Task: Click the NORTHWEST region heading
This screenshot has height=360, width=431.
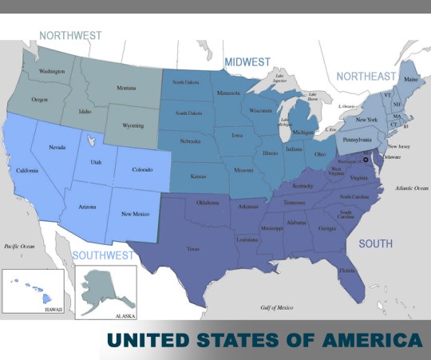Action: pos(71,35)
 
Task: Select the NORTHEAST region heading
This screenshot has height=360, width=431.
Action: pos(366,76)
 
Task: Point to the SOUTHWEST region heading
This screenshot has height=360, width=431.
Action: pos(103,255)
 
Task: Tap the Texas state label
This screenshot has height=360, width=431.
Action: pos(193,249)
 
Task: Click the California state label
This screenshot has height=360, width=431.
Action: pos(26,169)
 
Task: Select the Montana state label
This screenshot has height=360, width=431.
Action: pos(126,88)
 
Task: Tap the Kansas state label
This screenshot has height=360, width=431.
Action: pos(199,175)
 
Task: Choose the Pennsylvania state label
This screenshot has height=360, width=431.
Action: pos(356,140)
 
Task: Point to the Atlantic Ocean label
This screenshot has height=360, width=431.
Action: pos(412,188)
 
